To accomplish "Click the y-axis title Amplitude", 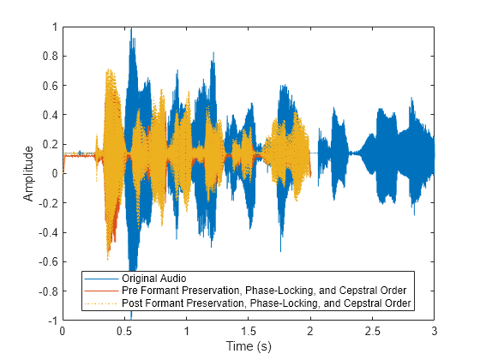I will [x=28, y=173].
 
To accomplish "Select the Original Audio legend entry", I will [x=154, y=279].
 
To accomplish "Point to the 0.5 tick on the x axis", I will [x=124, y=330].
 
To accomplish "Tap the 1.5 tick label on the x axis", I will [x=249, y=330].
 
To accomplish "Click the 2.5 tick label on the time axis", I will [x=373, y=330].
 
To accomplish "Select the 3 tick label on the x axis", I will [x=435, y=330].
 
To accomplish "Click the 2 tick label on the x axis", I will [x=310, y=330].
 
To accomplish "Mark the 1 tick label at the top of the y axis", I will [x=54, y=27].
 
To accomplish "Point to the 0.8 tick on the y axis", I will [x=50, y=57].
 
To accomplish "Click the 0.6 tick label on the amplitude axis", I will [x=50, y=86].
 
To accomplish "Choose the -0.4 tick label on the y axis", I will [x=48, y=231].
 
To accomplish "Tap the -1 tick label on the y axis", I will [x=52, y=320].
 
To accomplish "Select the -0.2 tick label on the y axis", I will [x=48, y=202].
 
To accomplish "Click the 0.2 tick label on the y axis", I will [x=50, y=144].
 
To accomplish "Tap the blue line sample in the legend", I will [x=102, y=279].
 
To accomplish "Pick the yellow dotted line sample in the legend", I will [x=102, y=303].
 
